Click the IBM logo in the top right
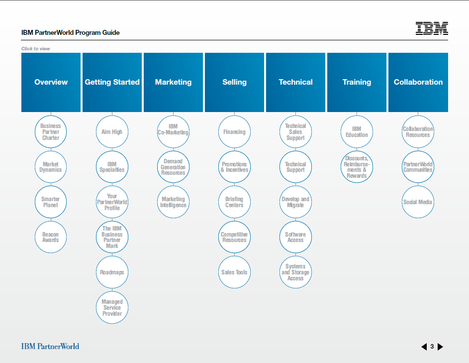[x=432, y=28]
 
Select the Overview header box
[x=51, y=82]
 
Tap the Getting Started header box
[x=112, y=82]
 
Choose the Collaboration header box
[x=418, y=82]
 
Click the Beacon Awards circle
[x=51, y=237]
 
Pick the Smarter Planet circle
[x=51, y=202]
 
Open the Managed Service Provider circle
[x=112, y=307]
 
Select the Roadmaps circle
[x=112, y=272]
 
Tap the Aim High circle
[x=112, y=132]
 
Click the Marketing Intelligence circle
[x=173, y=202]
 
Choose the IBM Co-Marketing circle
[x=173, y=132]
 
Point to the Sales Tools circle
[x=235, y=272]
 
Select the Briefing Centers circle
[x=235, y=202]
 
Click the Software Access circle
[x=295, y=237]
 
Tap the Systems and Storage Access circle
[x=295, y=272]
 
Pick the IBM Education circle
[x=357, y=132]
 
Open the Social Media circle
[x=418, y=202]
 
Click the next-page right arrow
[x=440, y=347]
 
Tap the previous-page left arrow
[x=424, y=347]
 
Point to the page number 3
[x=432, y=347]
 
